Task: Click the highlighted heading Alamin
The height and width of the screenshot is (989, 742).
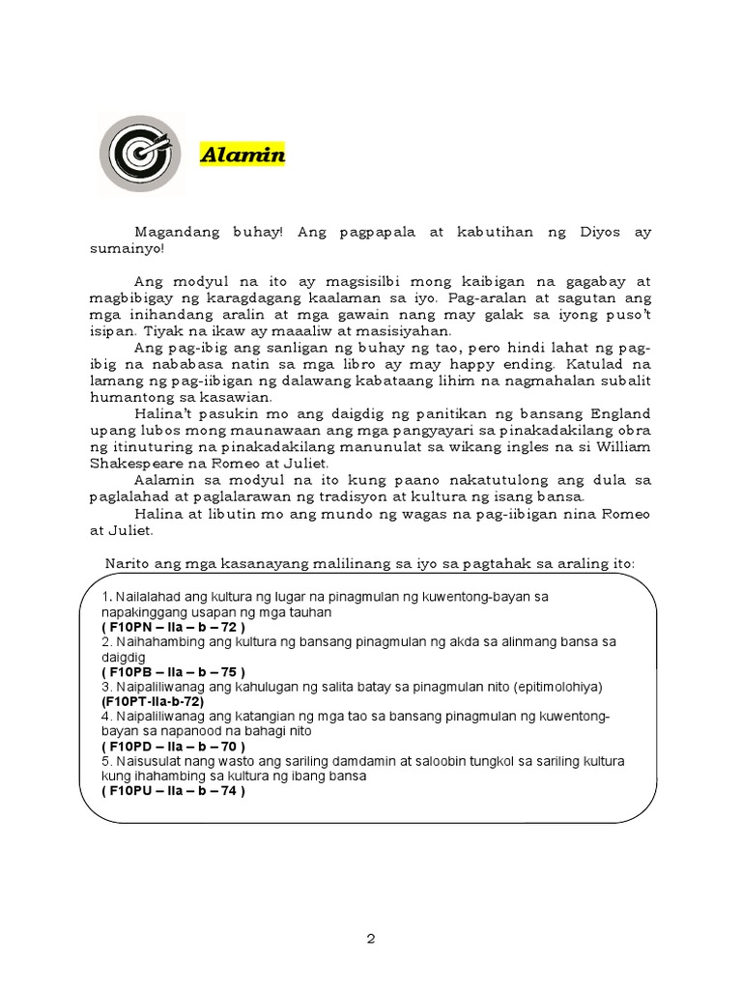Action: (x=243, y=155)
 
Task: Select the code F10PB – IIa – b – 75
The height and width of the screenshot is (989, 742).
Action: (x=172, y=672)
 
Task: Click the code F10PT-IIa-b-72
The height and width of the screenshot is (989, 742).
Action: (x=151, y=702)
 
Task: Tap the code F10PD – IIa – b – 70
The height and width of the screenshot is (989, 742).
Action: (x=172, y=747)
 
